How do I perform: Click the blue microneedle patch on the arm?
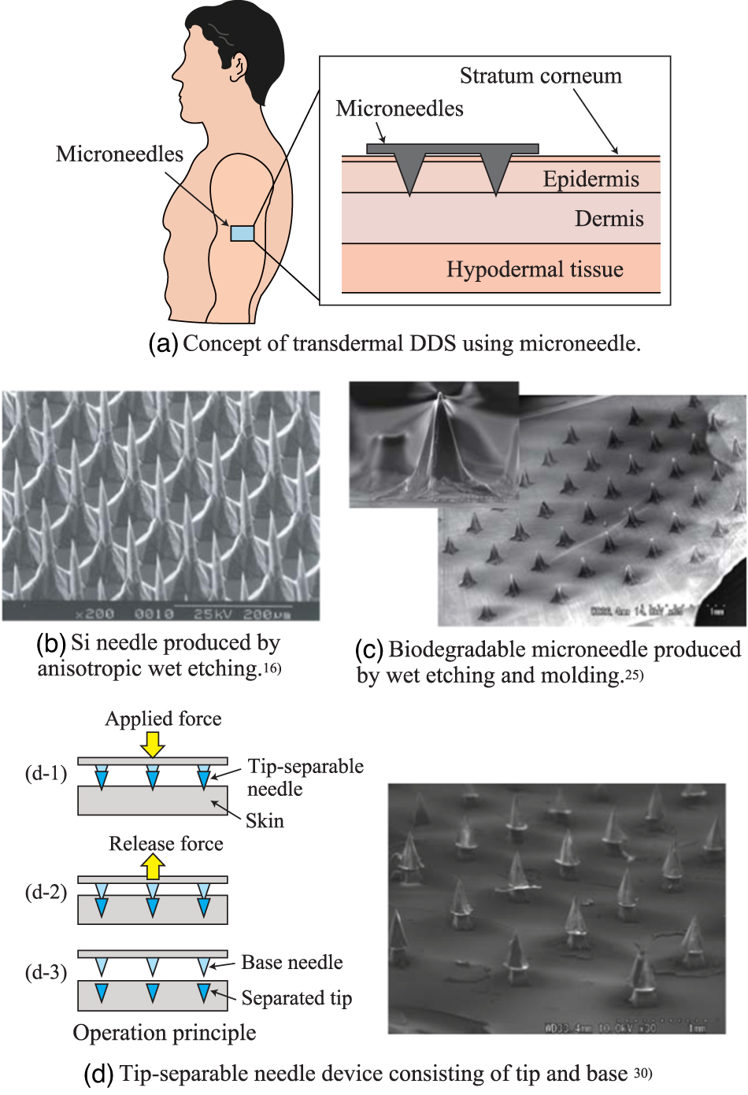(242, 233)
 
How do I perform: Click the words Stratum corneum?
(540, 76)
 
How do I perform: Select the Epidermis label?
(591, 179)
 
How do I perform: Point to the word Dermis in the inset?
(609, 219)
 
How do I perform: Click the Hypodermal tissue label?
(535, 270)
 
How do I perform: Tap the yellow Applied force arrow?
(153, 744)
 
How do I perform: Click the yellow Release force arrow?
(153, 867)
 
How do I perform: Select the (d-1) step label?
(46, 773)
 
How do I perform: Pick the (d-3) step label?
(46, 972)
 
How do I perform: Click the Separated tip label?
(296, 998)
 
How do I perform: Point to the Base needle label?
(291, 963)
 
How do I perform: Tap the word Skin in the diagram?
(265, 821)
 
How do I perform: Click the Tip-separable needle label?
(305, 777)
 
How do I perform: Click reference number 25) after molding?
(634, 675)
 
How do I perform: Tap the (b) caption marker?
(50, 643)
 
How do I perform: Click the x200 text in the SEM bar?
(94, 613)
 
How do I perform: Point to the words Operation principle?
(164, 1033)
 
